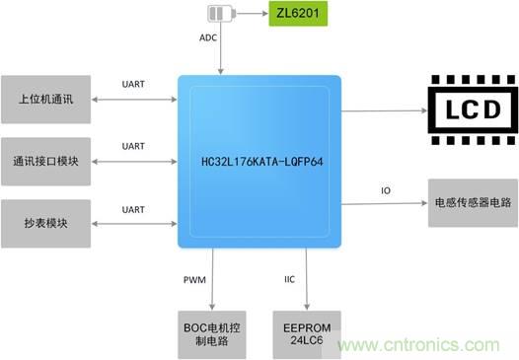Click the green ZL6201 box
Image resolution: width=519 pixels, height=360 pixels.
tap(298, 14)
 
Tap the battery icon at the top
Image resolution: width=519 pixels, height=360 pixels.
tap(221, 14)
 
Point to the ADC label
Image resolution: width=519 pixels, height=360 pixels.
tap(208, 37)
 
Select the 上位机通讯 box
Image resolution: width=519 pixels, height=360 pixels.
tap(46, 100)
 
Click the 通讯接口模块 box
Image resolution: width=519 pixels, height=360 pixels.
tap(46, 162)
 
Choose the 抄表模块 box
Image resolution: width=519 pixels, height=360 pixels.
tap(46, 224)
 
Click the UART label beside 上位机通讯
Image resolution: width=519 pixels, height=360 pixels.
tap(133, 84)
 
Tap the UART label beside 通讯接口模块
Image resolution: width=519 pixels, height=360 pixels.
tap(133, 146)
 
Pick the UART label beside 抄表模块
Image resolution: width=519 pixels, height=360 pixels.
tap(133, 210)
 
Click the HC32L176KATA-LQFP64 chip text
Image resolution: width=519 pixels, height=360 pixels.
tap(262, 162)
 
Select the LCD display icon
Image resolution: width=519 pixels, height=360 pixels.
tap(473, 109)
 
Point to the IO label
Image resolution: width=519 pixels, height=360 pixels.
tap(386, 190)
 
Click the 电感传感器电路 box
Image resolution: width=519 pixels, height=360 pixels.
tap(473, 203)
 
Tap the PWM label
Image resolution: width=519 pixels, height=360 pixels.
tap(194, 280)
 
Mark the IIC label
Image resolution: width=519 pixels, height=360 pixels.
tap(290, 279)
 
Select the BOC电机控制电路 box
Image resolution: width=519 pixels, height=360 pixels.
tap(212, 334)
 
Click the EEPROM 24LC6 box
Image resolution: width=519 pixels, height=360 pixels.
tap(307, 334)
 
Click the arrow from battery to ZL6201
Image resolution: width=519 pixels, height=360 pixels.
tap(252, 14)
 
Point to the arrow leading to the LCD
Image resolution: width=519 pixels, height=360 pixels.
tap(384, 110)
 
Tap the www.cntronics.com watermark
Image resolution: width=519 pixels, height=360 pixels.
tap(418, 345)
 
